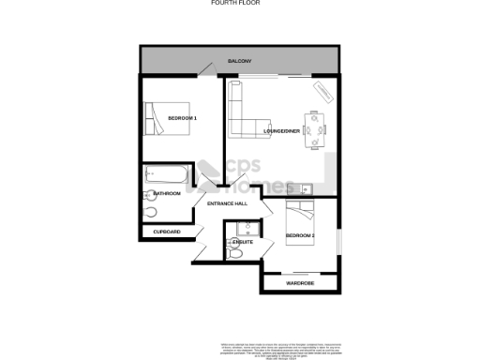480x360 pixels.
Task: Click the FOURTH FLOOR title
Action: [239, 4]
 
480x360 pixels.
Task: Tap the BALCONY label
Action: [239, 61]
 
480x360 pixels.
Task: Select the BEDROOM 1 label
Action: [182, 117]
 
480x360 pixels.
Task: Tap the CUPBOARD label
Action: [166, 231]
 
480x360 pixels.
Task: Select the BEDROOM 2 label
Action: [300, 234]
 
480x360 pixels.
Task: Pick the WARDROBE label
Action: [299, 282]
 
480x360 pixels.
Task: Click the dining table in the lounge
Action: [313, 129]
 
